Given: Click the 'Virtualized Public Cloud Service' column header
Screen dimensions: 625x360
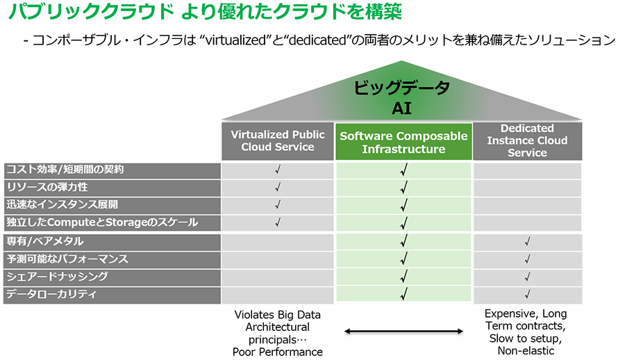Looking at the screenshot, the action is (277, 141).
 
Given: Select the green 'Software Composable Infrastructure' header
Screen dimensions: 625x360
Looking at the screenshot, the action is (403, 142).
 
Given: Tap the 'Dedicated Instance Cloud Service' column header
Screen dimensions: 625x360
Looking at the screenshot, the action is (527, 141).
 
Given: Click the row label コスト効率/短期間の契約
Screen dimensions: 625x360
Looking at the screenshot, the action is (65, 170).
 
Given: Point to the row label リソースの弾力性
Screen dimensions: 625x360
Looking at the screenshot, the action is (47, 187).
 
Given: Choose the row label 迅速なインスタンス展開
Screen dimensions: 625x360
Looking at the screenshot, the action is (62, 205).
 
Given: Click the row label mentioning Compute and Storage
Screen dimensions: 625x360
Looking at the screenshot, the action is (102, 222).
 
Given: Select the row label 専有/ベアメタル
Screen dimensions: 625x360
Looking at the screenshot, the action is (45, 241).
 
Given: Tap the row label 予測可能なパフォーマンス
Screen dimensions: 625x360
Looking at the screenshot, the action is (67, 259).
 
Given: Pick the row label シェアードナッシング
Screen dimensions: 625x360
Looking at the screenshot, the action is (57, 277).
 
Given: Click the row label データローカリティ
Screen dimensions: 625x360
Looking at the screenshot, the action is (51, 294).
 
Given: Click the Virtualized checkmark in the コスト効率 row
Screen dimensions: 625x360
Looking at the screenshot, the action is (277, 170).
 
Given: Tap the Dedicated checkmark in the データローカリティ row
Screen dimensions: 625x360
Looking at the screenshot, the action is (527, 295).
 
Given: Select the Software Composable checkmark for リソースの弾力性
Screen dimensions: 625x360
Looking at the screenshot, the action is (403, 187).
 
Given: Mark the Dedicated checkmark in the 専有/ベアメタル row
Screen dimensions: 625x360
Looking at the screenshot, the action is (527, 241).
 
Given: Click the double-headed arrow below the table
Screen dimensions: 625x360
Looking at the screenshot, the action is (403, 332).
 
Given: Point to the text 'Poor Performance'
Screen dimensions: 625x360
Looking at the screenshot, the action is (277, 352).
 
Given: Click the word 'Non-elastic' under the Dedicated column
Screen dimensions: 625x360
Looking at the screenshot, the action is (526, 351).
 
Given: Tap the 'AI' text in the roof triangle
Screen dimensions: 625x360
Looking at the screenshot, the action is (401, 108).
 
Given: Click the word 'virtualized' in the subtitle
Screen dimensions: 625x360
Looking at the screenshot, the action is (235, 40).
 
